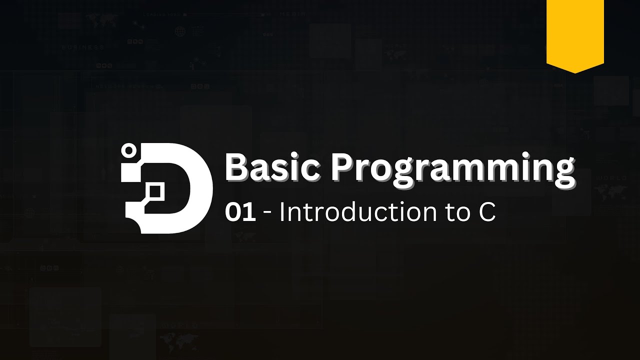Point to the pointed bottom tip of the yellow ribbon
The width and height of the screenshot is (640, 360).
[575, 71]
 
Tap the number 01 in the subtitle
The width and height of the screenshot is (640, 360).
[240, 212]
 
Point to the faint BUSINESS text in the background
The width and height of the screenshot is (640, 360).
[83, 47]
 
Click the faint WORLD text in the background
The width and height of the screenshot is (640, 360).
[612, 178]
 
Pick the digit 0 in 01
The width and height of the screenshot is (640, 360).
[234, 212]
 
